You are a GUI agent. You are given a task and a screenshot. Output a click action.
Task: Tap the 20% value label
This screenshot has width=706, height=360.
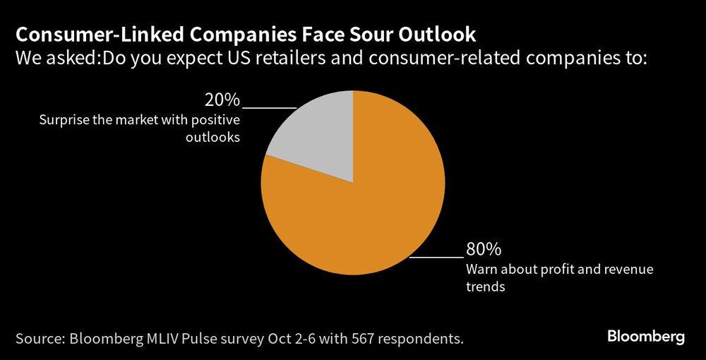pos(222,100)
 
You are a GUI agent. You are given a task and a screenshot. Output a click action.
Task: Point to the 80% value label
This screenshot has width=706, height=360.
pos(484,249)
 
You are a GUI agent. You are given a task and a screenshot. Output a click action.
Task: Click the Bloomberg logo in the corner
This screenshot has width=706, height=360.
pos(646,337)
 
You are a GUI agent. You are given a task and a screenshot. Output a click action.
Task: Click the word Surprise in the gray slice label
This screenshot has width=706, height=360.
pos(62,120)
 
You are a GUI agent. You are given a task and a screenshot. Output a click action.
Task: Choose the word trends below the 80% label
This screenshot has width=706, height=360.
pos(485,287)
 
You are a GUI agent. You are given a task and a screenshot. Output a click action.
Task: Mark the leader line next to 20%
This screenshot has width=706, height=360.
pos(268,108)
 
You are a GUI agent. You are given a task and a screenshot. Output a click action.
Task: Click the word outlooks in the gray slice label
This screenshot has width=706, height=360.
pos(213,138)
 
